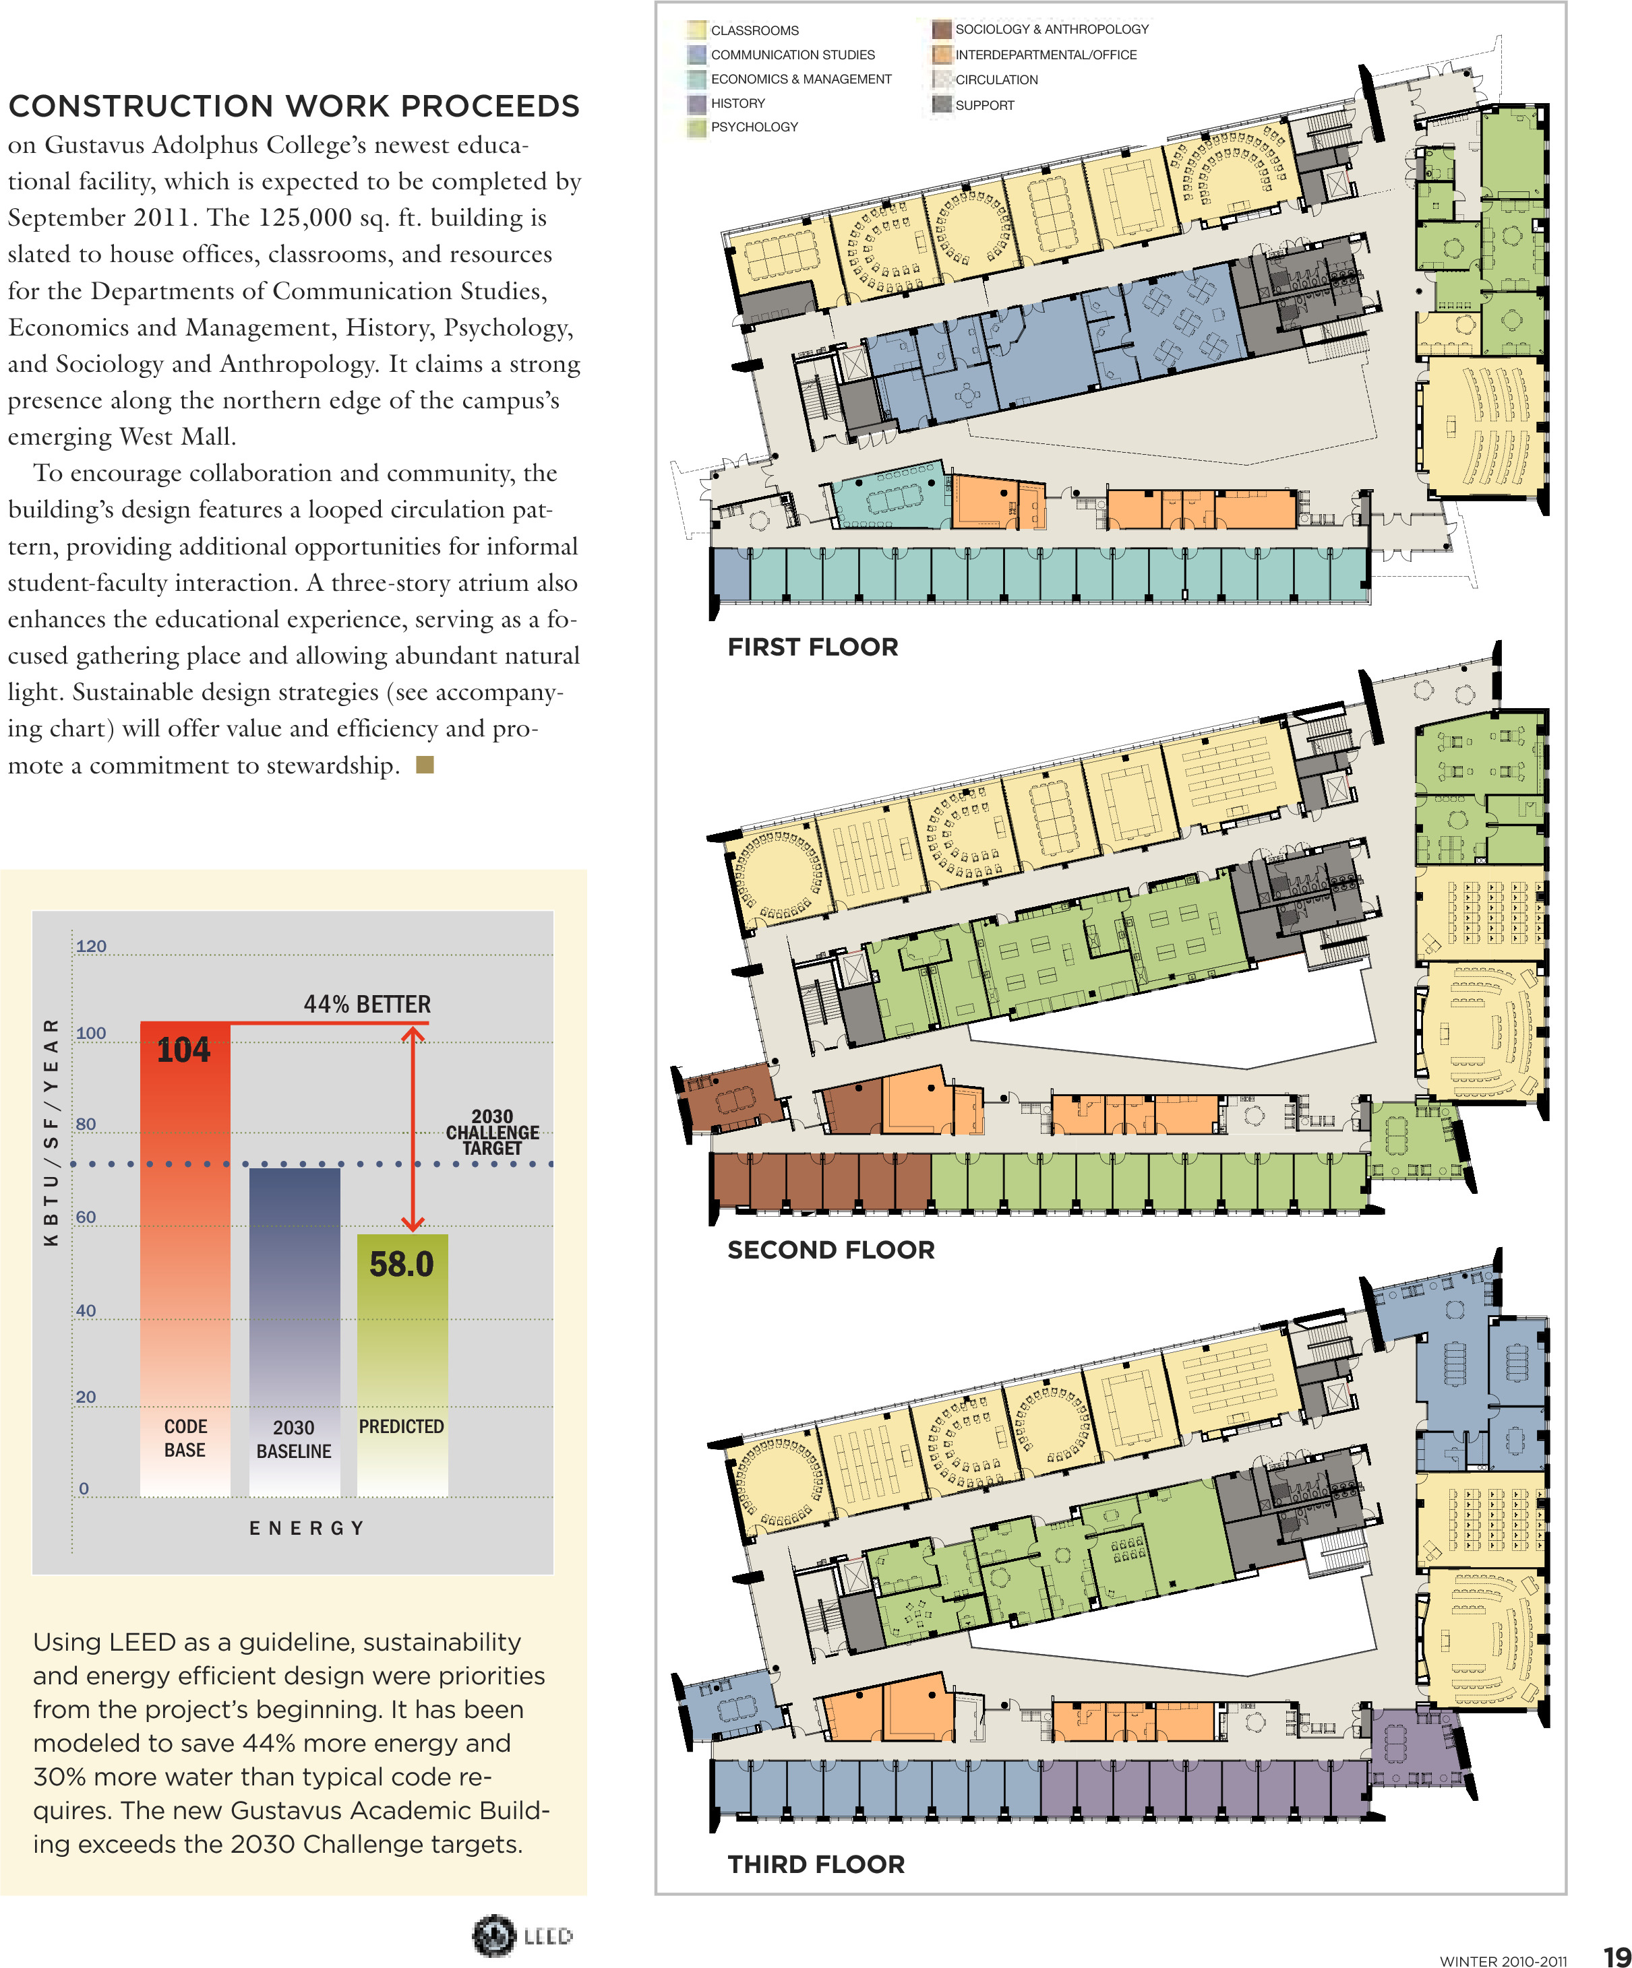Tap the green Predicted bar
pos(402,1350)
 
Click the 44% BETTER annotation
pos(367,1004)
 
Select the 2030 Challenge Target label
pos(492,1132)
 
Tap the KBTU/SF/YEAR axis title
pos(51,1132)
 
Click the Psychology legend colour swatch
pos(696,127)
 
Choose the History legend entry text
pos(737,103)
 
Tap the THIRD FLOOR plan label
pos(816,1864)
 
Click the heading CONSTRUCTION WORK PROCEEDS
pos(293,106)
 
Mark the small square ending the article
pos(425,765)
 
